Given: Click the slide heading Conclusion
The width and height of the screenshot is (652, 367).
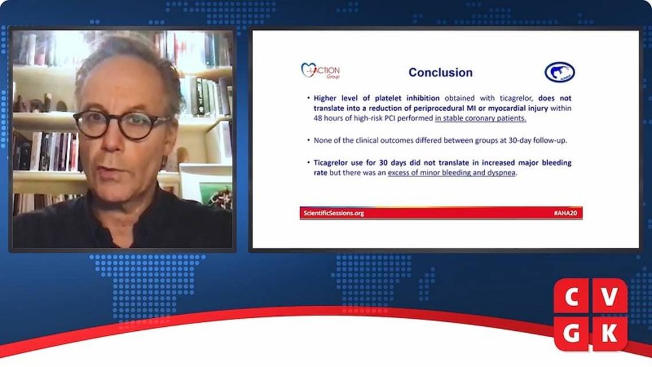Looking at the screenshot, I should tap(440, 73).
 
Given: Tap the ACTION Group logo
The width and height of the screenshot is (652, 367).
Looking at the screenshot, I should tap(320, 71).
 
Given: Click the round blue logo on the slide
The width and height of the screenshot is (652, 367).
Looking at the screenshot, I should tap(559, 72).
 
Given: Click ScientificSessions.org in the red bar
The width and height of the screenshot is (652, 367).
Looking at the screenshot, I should tap(333, 213).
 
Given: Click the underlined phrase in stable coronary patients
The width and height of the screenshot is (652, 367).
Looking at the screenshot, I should tap(481, 119).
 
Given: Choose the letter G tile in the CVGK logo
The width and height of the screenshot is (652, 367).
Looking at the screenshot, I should tap(571, 333).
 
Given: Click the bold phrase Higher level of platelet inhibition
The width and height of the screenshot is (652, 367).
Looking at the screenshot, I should tap(376, 98).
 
